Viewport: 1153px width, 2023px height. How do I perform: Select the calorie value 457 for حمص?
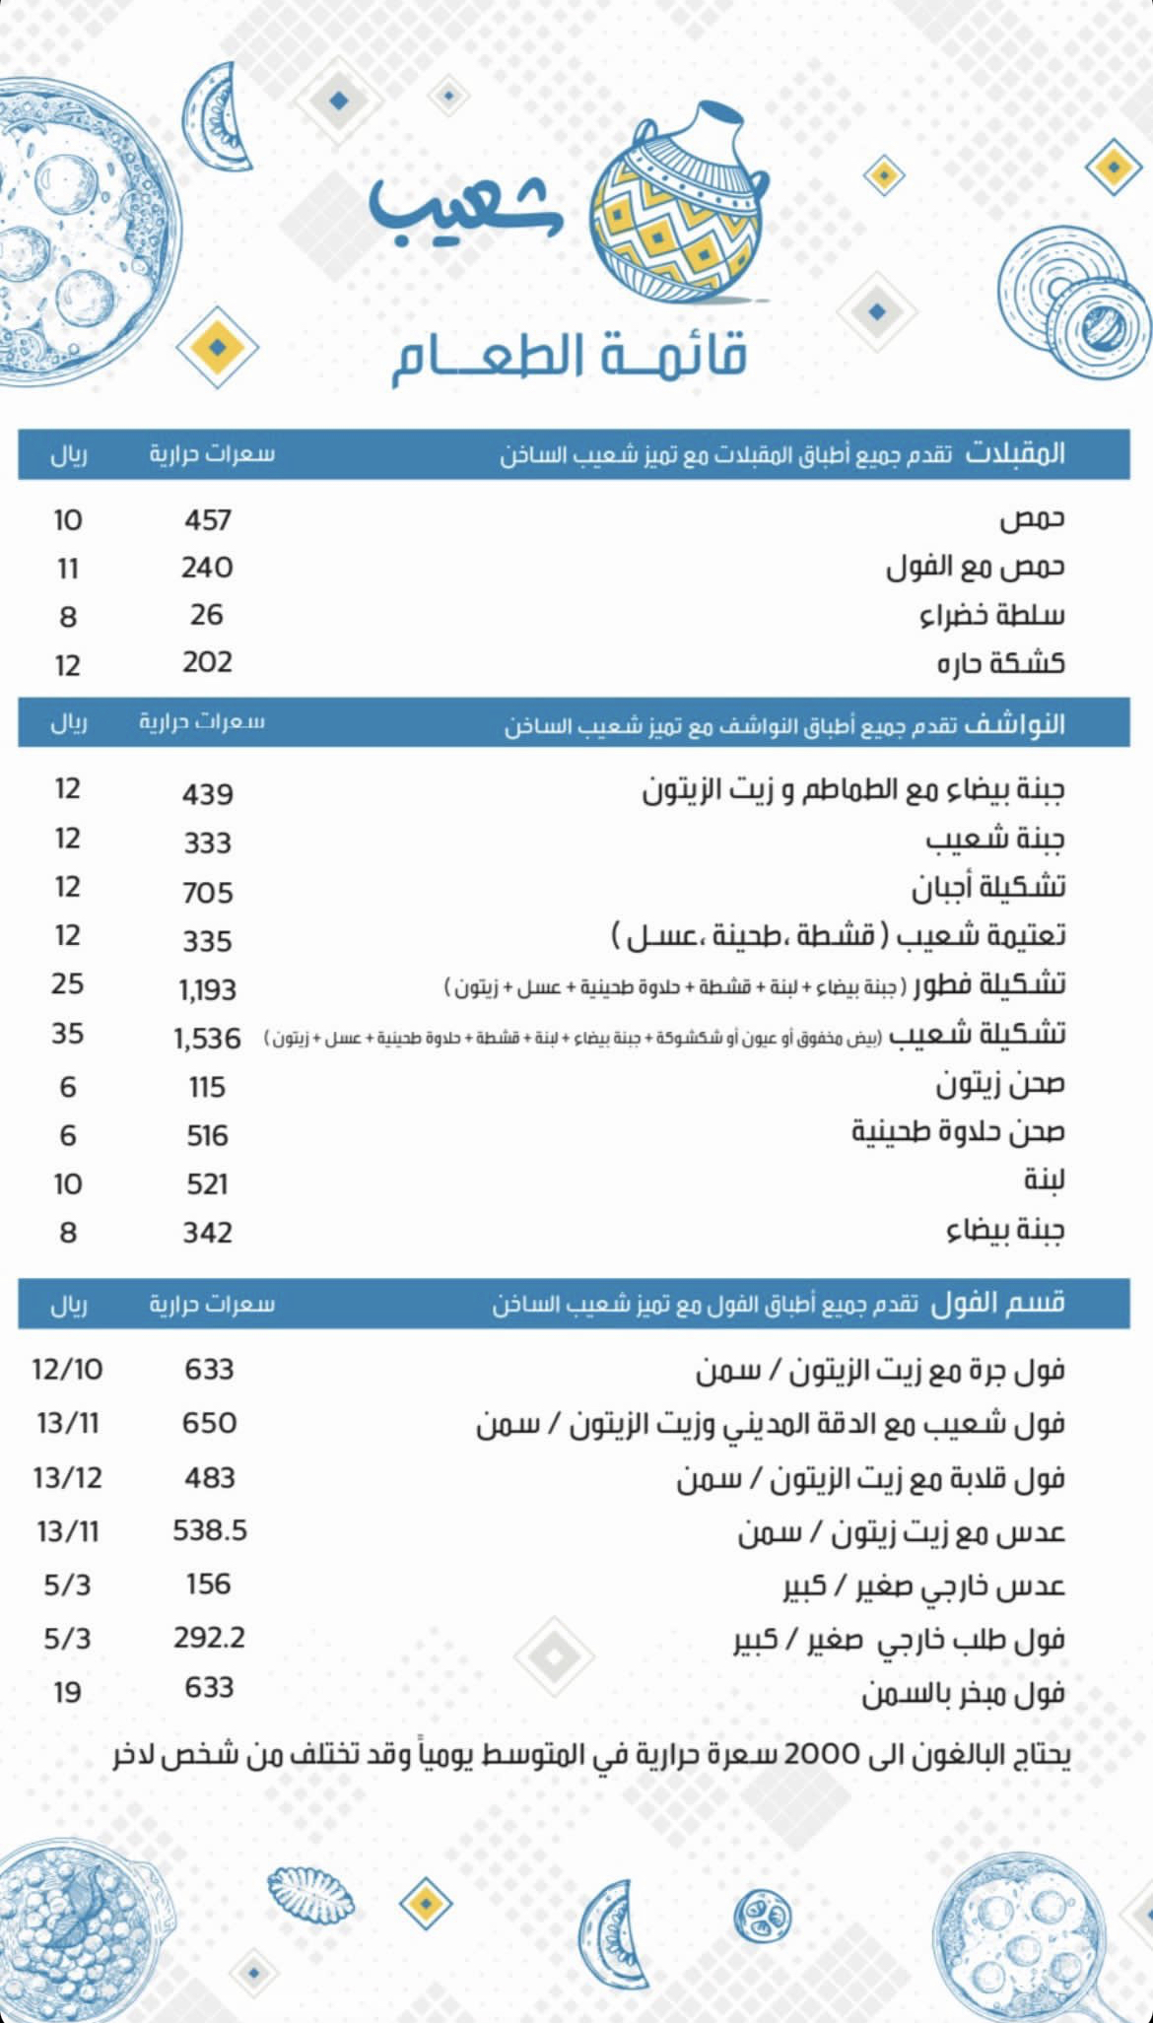pos(207,519)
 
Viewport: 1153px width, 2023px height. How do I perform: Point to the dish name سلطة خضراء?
pos(991,616)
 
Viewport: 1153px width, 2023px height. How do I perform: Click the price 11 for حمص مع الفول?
pos(67,569)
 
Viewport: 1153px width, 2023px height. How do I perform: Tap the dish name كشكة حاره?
pos(1000,663)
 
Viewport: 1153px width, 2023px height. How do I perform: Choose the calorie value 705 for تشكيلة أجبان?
pos(207,893)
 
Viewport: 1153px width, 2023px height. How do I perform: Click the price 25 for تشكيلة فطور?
pos(67,984)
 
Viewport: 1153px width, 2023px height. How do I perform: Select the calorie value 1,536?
pos(207,1039)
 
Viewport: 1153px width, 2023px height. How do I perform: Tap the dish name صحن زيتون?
pos(999,1085)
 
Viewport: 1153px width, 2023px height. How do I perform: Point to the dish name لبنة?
pos(1043,1180)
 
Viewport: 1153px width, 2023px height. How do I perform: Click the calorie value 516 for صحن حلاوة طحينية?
pos(207,1136)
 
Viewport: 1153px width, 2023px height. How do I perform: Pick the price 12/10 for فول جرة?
pos(67,1370)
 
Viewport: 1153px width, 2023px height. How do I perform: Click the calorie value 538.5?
pos(209,1531)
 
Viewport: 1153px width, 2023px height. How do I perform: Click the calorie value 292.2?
pos(209,1638)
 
